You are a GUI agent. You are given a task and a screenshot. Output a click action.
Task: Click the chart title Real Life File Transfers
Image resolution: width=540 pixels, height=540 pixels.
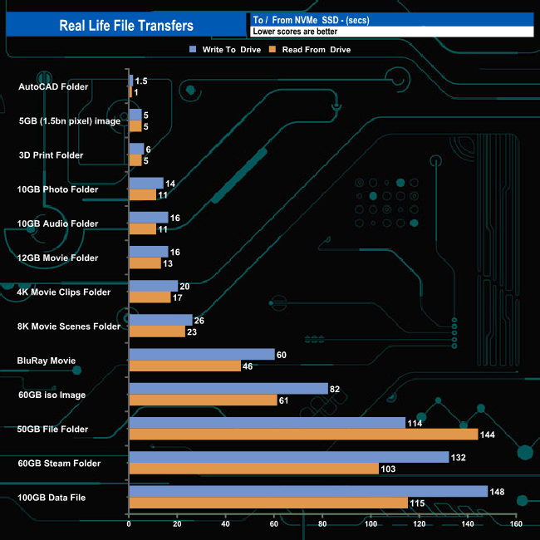(126, 25)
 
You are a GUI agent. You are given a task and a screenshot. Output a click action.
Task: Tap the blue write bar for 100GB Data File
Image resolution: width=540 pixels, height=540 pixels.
(307, 491)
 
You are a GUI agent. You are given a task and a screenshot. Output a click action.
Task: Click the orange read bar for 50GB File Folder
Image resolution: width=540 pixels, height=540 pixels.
(303, 434)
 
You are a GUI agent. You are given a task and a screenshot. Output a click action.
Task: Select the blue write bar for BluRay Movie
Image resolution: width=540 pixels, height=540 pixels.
(202, 355)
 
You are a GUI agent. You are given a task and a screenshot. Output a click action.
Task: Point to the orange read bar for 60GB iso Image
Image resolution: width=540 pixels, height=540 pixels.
(203, 400)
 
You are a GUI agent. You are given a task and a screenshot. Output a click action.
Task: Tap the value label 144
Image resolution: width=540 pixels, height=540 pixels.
(488, 435)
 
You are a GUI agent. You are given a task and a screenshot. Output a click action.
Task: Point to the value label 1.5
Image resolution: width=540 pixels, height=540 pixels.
(141, 81)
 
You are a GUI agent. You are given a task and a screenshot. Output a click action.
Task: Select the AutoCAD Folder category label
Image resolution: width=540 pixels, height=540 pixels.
(52, 86)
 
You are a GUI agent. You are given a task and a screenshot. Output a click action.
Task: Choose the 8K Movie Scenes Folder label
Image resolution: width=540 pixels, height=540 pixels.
(69, 326)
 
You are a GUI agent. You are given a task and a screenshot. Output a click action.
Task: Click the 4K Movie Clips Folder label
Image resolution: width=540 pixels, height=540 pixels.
(64, 292)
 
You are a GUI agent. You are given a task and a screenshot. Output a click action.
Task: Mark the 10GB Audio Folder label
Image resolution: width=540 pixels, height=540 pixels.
(58, 223)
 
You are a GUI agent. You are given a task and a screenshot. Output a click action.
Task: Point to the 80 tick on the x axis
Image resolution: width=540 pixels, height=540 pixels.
(322, 524)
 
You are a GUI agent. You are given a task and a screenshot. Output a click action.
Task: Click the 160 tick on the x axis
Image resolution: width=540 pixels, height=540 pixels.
(516, 524)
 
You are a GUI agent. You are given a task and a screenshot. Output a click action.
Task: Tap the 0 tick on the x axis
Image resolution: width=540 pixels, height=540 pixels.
(129, 524)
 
